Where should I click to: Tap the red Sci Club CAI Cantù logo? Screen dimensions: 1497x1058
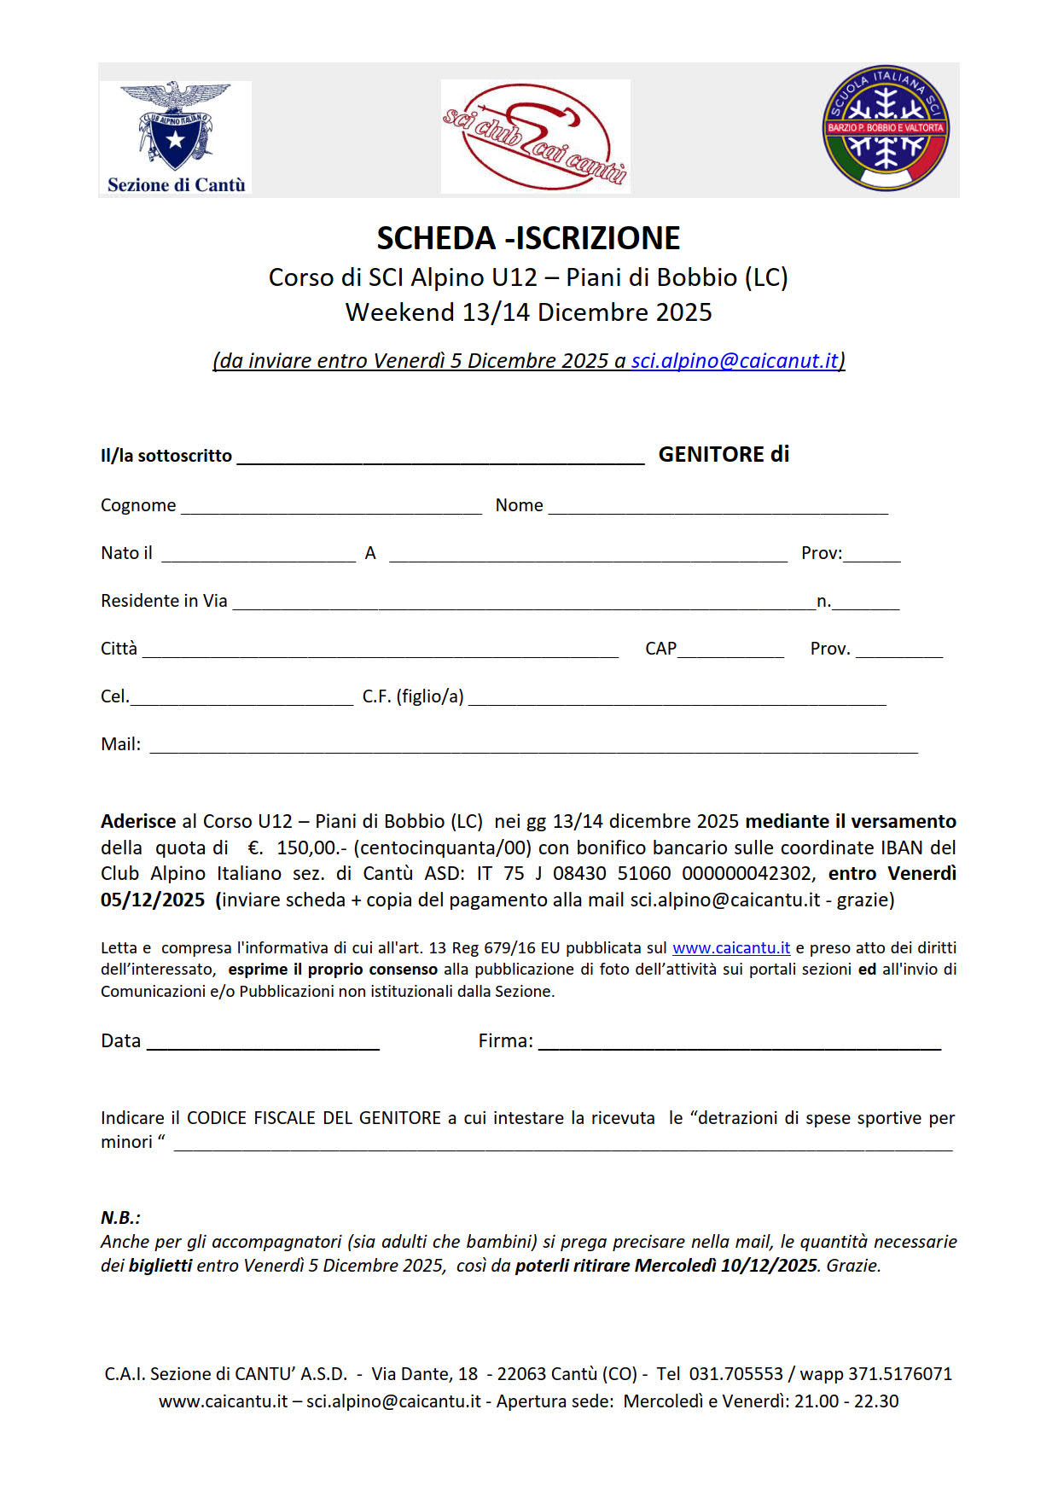(x=535, y=136)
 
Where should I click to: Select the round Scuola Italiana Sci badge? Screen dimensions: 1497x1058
(x=886, y=128)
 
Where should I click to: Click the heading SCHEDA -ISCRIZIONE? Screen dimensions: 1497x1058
(x=528, y=238)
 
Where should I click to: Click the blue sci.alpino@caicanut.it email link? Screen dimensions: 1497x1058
(x=735, y=361)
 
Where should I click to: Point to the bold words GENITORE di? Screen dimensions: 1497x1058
(x=724, y=455)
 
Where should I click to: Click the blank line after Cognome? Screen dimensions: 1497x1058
(x=331, y=509)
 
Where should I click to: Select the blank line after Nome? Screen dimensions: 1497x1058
(x=718, y=509)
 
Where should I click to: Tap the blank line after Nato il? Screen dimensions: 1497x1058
(x=258, y=556)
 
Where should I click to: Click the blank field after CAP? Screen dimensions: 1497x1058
(x=730, y=652)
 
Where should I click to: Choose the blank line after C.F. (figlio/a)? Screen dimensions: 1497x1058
(x=677, y=700)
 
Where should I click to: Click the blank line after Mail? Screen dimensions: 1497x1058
(x=533, y=748)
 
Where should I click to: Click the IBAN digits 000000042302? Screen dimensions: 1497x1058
(x=748, y=874)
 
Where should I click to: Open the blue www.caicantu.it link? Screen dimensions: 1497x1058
(x=731, y=948)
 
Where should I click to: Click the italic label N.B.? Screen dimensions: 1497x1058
(x=120, y=1218)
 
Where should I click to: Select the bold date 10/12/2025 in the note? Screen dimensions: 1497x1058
(x=769, y=1266)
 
